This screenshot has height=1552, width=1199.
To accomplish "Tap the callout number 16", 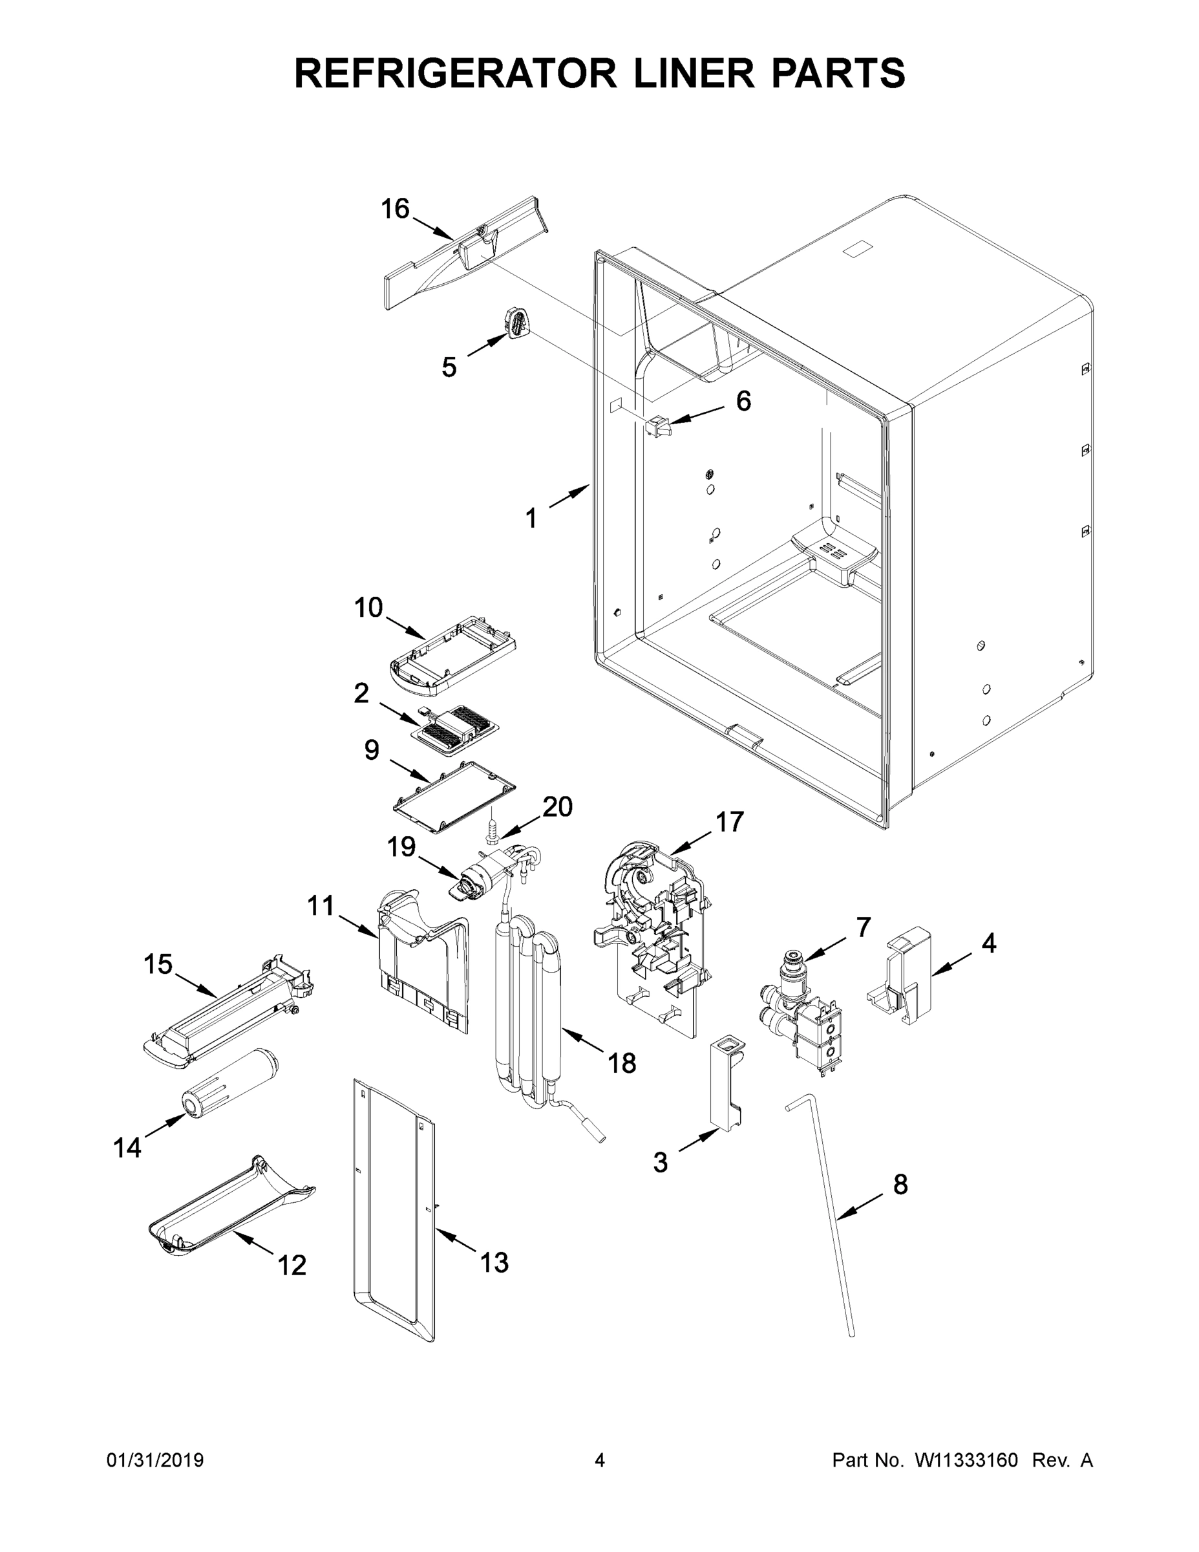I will [x=395, y=209].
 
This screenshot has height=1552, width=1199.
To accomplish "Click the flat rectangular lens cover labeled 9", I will [x=454, y=797].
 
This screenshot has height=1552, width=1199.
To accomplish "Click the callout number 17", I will [x=729, y=821].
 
